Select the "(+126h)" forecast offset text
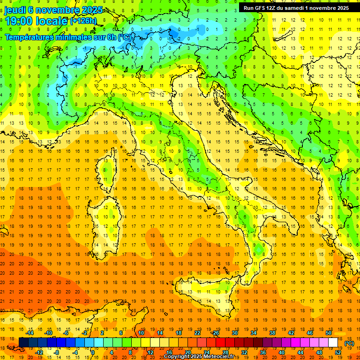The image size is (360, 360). (83, 21)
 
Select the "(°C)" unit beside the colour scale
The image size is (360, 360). (349, 343)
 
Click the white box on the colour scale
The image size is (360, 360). (333, 343)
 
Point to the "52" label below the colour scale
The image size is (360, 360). (338, 352)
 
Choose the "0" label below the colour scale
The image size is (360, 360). (93, 352)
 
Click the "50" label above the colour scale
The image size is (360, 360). (329, 333)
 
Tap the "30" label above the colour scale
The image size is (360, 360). (234, 333)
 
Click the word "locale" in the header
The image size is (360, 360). (53, 21)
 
